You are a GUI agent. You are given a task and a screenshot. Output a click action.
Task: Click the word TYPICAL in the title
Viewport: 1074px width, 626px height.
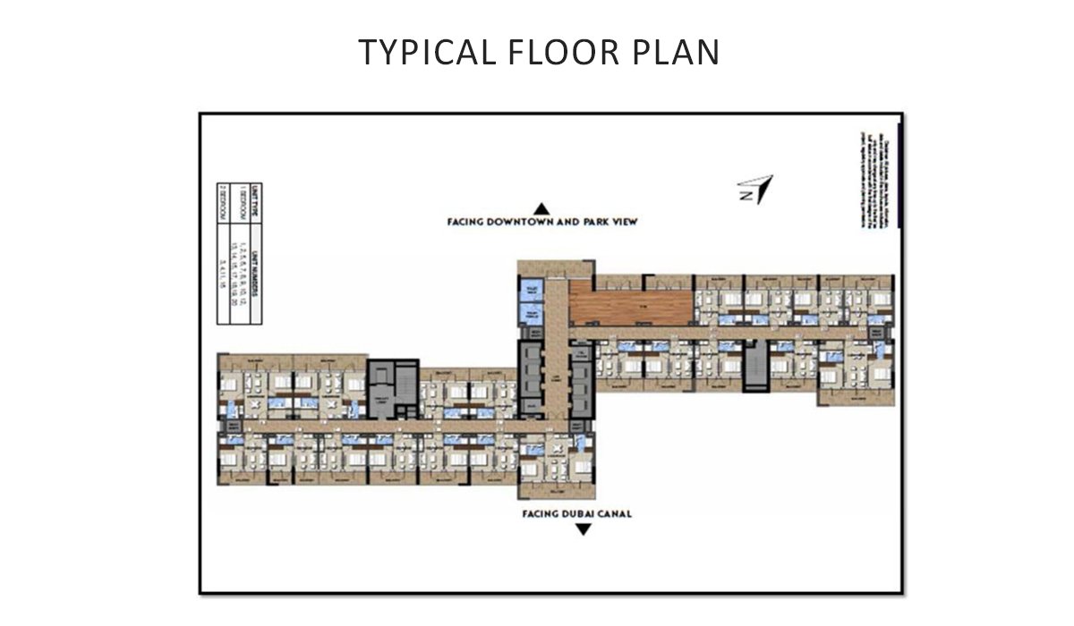418,53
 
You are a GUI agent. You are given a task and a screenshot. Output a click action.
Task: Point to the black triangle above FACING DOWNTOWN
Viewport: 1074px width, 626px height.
541,207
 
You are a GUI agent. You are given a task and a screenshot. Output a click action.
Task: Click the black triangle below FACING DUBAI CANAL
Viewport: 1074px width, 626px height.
583,530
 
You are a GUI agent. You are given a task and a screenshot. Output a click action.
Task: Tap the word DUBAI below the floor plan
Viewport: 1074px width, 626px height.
584,514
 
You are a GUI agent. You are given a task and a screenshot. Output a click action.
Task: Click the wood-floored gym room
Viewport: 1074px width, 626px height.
631,306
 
